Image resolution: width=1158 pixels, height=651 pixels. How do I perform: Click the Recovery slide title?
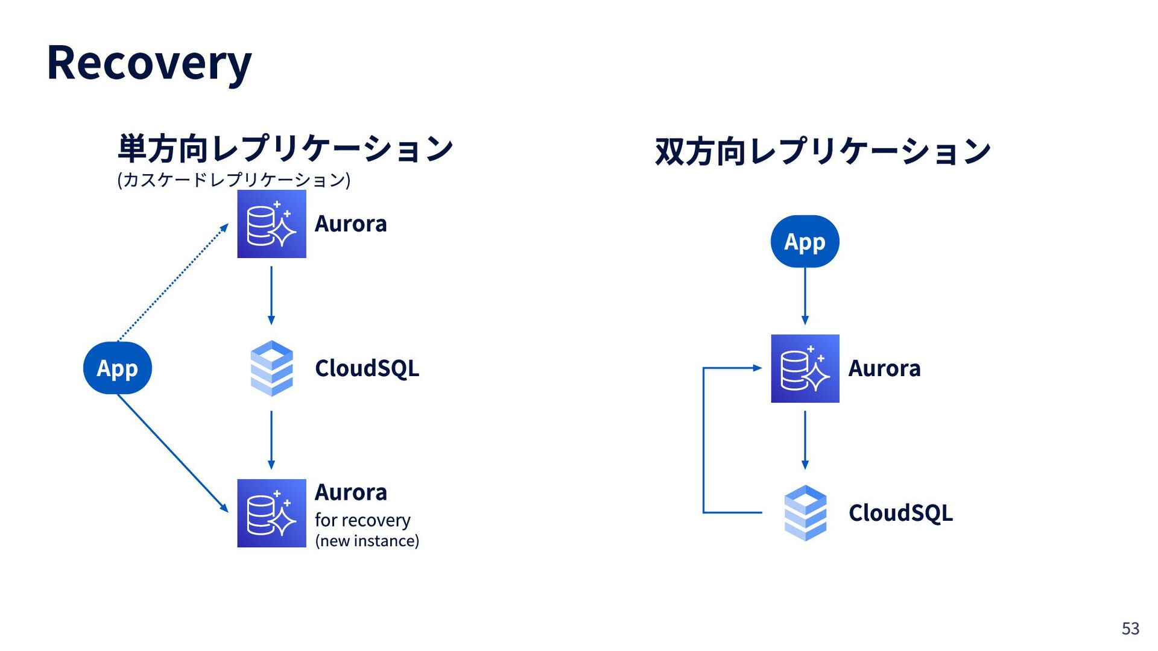(149, 63)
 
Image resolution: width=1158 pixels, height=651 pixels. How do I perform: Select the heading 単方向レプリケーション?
(285, 148)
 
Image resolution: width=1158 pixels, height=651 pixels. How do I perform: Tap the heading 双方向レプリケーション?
(823, 151)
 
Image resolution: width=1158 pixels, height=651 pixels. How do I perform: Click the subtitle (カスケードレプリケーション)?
(233, 180)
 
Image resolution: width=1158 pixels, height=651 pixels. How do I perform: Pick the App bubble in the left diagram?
(118, 368)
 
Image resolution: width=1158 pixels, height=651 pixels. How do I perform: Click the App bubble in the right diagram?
(805, 241)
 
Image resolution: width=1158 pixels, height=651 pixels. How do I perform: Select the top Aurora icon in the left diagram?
(271, 224)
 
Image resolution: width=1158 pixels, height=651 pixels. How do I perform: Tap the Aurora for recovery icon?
(271, 513)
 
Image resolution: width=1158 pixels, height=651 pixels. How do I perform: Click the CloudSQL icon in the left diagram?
(271, 368)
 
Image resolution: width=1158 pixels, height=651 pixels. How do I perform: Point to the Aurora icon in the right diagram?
(805, 368)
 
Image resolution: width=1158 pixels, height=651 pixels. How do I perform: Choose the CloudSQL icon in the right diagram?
(805, 513)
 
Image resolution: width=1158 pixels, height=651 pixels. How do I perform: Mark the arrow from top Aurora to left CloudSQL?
(271, 296)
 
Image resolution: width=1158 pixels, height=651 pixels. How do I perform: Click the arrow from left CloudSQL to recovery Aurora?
(271, 441)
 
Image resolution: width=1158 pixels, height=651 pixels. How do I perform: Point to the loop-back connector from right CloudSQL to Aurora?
(703, 440)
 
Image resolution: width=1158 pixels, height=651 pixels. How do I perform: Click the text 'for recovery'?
(362, 520)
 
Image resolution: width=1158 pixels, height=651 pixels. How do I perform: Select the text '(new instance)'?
(367, 541)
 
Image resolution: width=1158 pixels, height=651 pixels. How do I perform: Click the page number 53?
(1130, 629)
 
